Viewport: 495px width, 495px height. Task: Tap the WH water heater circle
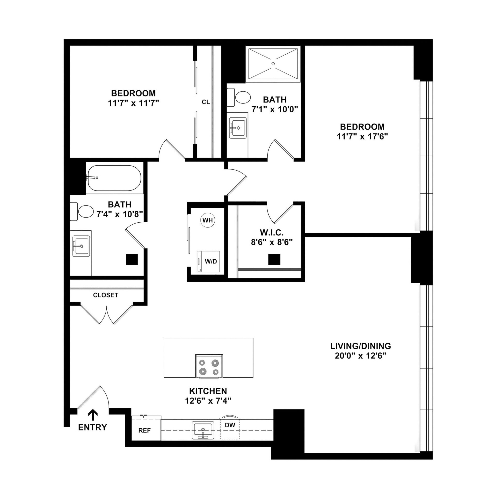[208, 220]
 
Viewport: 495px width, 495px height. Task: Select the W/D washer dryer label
[211, 261]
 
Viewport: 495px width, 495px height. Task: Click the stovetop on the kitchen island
[209, 367]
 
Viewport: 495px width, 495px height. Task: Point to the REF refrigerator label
[145, 431]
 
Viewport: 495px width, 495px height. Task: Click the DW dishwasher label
[230, 425]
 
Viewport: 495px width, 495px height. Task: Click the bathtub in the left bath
[114, 178]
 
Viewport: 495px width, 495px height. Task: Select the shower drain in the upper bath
[273, 64]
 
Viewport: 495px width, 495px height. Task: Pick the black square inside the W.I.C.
[274, 260]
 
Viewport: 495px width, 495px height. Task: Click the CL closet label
[206, 102]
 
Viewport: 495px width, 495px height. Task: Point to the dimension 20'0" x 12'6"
[360, 356]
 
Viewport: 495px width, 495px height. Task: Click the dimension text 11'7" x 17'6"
[362, 137]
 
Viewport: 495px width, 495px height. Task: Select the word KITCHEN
[208, 391]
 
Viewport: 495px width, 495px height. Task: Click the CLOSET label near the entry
[106, 295]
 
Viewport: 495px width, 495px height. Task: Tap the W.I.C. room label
[272, 232]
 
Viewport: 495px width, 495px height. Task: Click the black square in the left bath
[132, 260]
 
